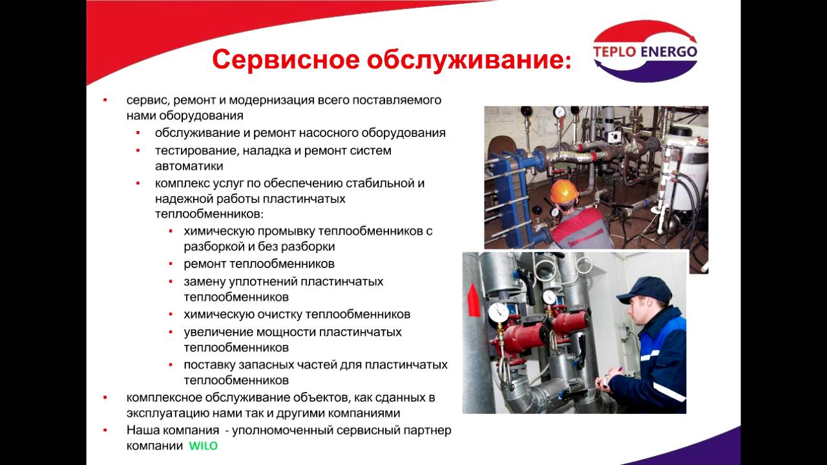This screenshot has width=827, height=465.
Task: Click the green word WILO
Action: coord(204,446)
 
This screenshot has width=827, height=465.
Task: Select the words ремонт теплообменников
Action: coord(259,264)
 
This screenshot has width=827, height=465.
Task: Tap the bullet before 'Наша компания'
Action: coord(105,430)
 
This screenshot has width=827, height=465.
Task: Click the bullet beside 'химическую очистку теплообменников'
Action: coord(170,315)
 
